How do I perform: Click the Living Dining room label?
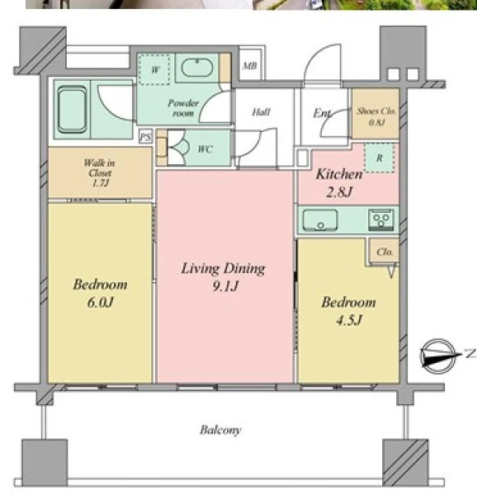pos(223,269)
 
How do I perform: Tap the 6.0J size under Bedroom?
pos(100,303)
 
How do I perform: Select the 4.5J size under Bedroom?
pos(348,320)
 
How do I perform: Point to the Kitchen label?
pos(339,174)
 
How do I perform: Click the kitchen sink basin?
pos(320,220)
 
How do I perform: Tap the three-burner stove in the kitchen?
pos(381,219)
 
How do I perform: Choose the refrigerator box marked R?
pos(380,158)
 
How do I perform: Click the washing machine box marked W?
pos(154,69)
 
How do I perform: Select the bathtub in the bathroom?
pos(73,109)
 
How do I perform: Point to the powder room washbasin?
pos(197,68)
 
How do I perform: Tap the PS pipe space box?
pos(145,137)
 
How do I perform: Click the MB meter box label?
pos(250,66)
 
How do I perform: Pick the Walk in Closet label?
pos(100,172)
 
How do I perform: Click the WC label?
pos(205,149)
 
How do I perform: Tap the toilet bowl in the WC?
pos(178,148)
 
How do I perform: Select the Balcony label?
pos(220,430)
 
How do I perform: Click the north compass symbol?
pos(438,356)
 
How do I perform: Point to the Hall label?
pos(261,111)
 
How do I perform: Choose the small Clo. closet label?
pos(385,252)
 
